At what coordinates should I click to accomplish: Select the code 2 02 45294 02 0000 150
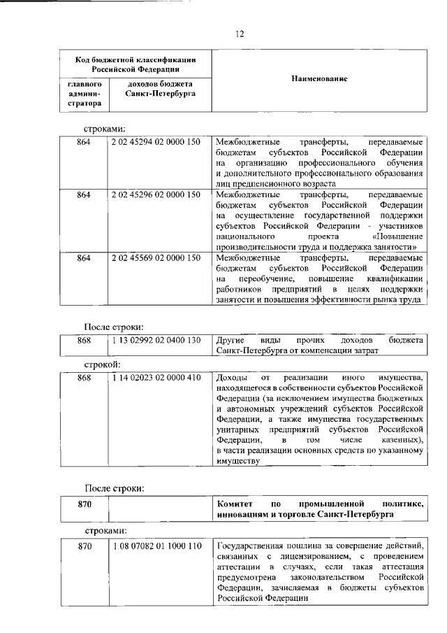[x=155, y=142]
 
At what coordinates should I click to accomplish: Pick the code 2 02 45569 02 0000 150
[x=155, y=257]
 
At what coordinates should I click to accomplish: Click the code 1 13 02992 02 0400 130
[x=155, y=340]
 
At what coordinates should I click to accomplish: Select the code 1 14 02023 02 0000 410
[x=155, y=378]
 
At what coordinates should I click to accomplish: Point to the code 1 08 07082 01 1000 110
[x=155, y=546]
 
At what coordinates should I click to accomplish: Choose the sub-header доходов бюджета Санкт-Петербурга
[x=155, y=88]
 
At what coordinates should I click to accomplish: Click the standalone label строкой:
[x=102, y=364]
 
